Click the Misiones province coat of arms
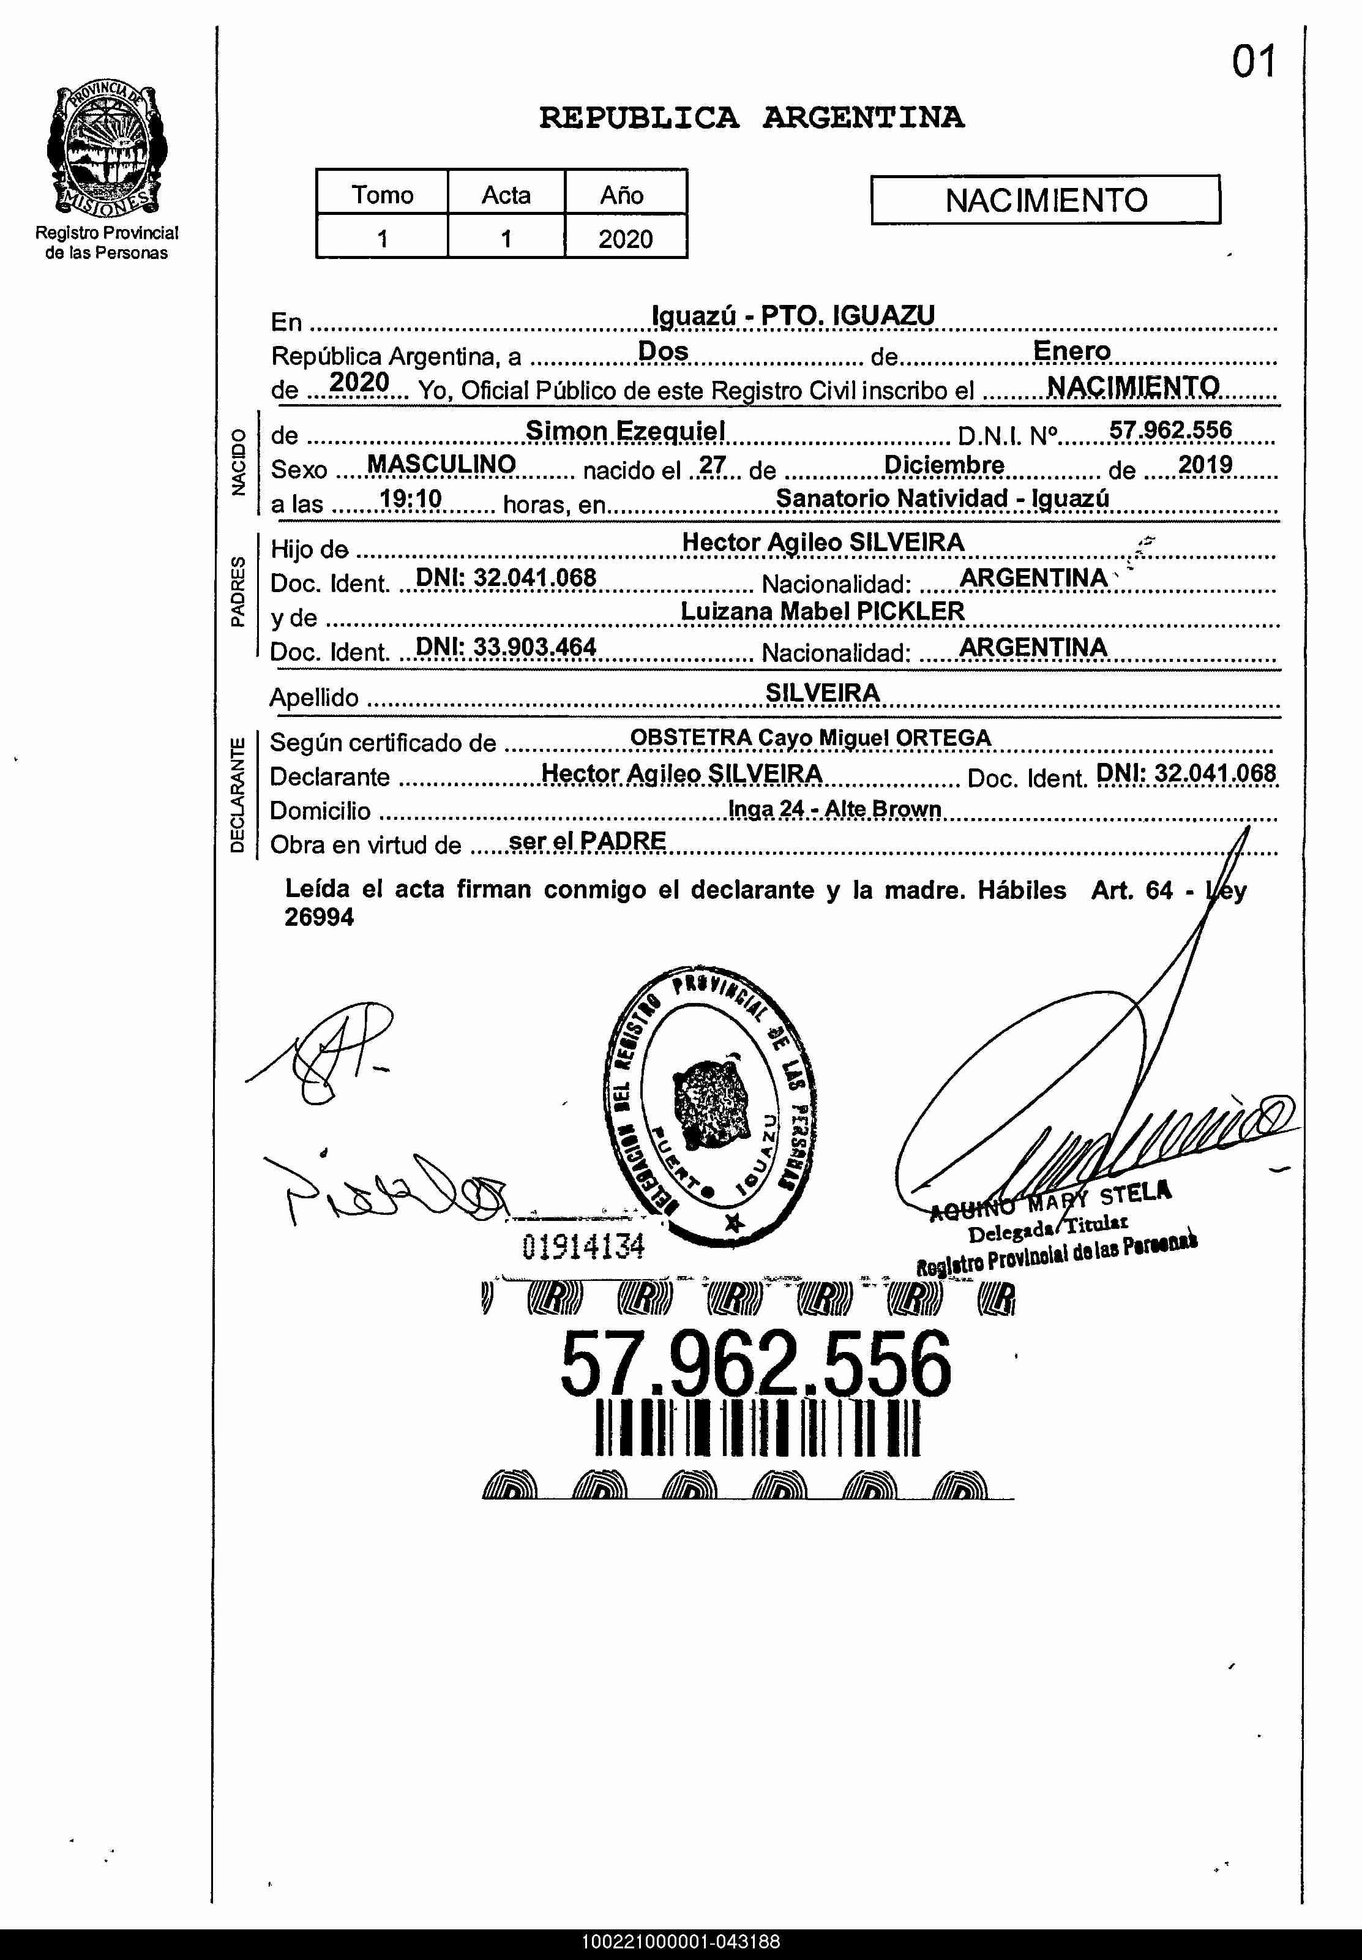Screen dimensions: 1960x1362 point(107,150)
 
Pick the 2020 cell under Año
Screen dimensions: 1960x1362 point(624,238)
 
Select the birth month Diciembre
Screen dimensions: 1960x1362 point(944,465)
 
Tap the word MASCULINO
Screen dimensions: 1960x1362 point(441,464)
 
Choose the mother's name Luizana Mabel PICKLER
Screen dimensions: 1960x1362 point(823,611)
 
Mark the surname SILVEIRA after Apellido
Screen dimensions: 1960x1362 point(822,693)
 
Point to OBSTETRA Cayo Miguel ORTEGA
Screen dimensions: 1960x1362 point(810,738)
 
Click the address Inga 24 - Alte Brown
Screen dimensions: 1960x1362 point(834,808)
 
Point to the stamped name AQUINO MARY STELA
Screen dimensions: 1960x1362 point(1050,1200)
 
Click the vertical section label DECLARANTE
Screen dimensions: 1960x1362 point(238,795)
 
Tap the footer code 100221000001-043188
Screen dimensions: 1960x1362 point(681,1942)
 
